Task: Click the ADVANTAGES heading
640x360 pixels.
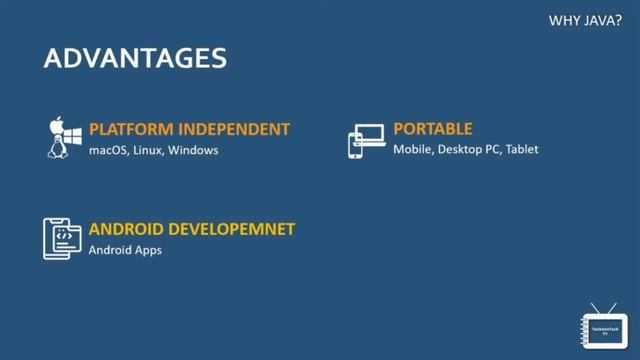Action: pyautogui.click(x=135, y=58)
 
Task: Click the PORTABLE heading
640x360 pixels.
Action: pyautogui.click(x=432, y=129)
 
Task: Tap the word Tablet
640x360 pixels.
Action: pyautogui.click(x=522, y=150)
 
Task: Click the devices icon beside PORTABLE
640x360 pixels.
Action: pyautogui.click(x=366, y=141)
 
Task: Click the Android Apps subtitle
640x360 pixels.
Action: pyautogui.click(x=125, y=250)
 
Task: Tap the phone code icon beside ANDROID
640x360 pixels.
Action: pyautogui.click(x=62, y=238)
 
